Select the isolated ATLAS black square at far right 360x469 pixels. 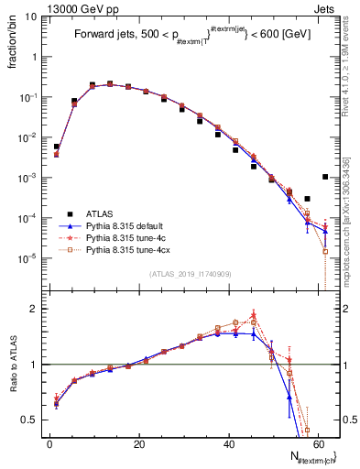pos(325,177)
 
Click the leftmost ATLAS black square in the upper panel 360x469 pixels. pos(56,147)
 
